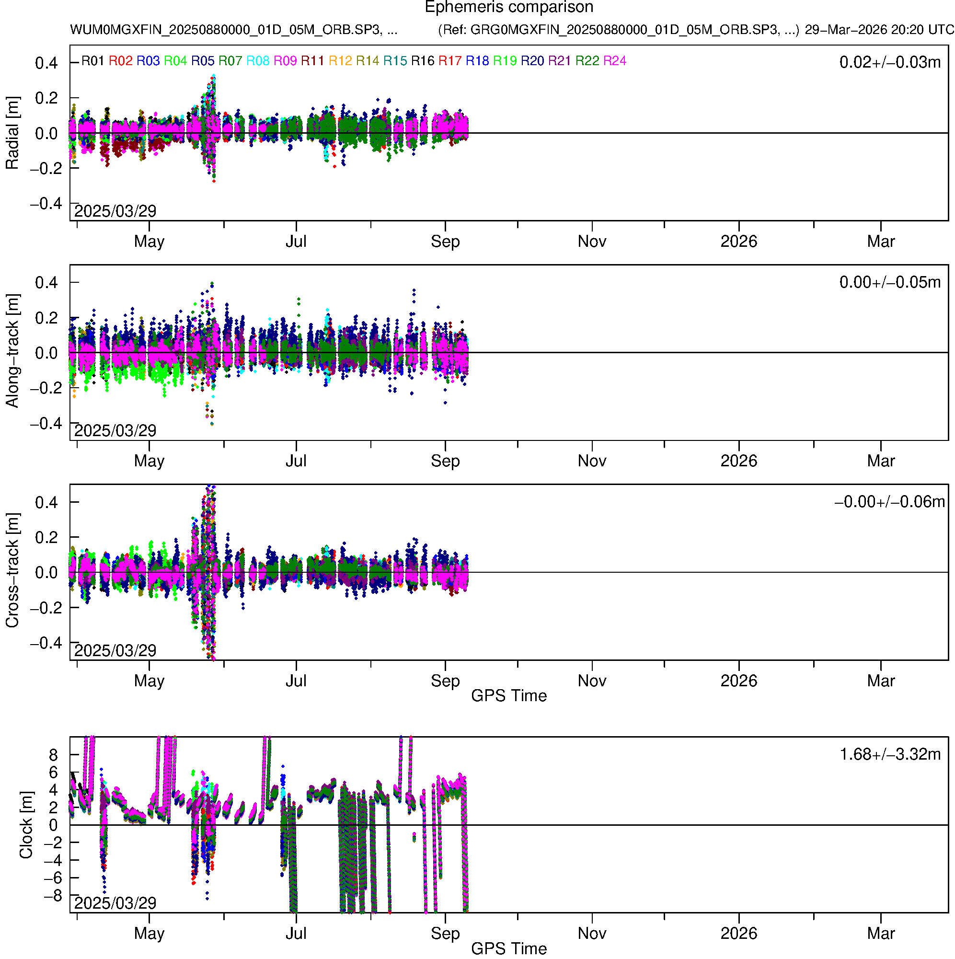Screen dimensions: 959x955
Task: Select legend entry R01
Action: (93, 61)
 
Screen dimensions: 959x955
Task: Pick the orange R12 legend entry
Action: (340, 61)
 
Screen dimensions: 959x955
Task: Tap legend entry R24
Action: (614, 61)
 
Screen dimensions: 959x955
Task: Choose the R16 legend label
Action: (423, 61)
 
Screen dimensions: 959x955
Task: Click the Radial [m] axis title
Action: (12, 133)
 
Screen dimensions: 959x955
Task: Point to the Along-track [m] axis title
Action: (12, 351)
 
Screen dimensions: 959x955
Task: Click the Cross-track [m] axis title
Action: (12, 571)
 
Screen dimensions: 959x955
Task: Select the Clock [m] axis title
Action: (26, 825)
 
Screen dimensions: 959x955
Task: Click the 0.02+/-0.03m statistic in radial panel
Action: (889, 62)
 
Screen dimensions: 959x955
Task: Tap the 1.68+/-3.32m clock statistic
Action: (889, 754)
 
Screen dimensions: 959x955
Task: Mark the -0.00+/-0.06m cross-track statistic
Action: (889, 502)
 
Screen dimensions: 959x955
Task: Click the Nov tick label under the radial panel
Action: (592, 242)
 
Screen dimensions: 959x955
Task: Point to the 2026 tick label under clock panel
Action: (738, 934)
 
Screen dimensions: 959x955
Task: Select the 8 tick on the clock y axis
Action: (53, 755)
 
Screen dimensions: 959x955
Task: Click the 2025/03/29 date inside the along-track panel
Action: (115, 430)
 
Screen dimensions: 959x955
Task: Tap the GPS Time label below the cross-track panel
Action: (509, 696)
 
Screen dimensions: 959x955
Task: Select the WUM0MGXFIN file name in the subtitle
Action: (233, 30)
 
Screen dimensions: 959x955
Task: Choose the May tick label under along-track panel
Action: (149, 461)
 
